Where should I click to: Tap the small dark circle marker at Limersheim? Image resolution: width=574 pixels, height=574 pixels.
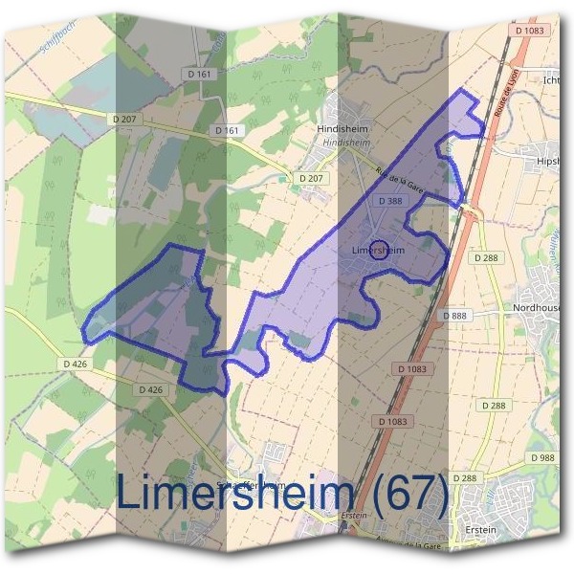coord(379,250)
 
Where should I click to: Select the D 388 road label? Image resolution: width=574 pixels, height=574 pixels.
coord(389,202)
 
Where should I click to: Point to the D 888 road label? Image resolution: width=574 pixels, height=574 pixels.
coord(454,316)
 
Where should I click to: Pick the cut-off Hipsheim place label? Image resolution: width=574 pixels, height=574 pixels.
coord(553,161)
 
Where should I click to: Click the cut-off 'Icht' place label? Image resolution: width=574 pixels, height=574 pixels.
coord(556,79)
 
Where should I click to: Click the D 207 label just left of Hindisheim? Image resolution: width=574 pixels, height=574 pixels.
coord(311,178)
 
